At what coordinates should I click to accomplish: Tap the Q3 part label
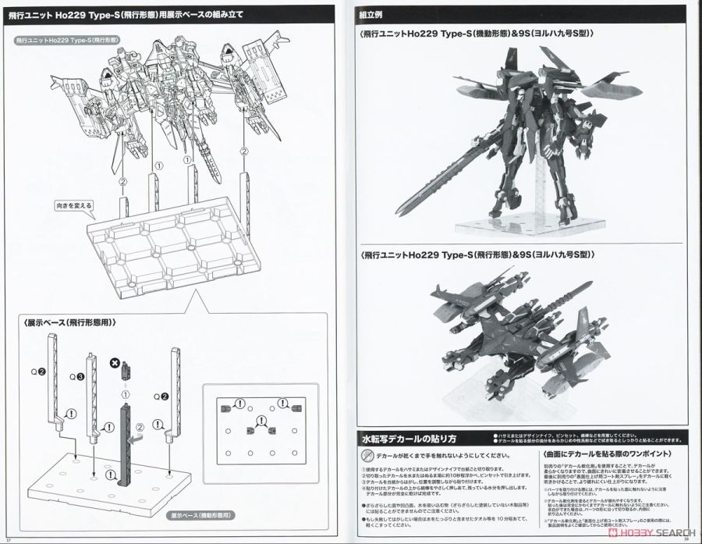pos(78,377)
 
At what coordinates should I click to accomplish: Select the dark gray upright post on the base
pos(126,443)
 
